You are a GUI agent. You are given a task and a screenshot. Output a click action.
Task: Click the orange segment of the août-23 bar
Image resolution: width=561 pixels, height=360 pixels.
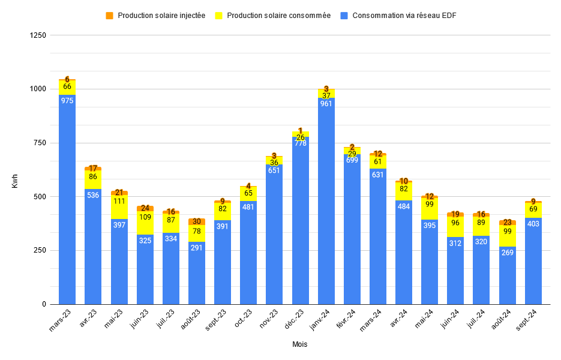[x=197, y=221]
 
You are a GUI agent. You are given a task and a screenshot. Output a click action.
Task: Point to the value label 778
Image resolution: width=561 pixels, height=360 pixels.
[x=300, y=143]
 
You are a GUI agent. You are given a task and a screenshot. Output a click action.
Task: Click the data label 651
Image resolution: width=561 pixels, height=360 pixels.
[x=274, y=170]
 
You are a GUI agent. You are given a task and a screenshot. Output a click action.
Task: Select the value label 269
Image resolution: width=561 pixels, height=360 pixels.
[x=508, y=253]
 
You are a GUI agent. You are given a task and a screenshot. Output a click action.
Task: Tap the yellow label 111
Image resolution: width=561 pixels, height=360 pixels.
[x=119, y=200]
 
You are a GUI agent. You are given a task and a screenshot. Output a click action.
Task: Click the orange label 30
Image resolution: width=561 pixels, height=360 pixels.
[x=197, y=221]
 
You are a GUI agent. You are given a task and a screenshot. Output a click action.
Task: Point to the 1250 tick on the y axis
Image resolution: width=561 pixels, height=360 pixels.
[x=37, y=35]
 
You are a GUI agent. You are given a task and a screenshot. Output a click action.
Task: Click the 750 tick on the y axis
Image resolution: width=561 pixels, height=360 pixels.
[x=39, y=143]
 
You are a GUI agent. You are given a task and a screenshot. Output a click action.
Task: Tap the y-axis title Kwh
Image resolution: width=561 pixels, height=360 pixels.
[x=15, y=180]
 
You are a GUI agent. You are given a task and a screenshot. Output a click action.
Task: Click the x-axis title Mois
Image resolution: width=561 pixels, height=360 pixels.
[x=300, y=344]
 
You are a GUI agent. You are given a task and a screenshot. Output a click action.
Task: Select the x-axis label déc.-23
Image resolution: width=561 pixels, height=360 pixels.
[x=298, y=319]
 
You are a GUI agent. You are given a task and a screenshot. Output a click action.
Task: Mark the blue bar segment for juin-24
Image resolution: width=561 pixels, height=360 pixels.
[x=455, y=270]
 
